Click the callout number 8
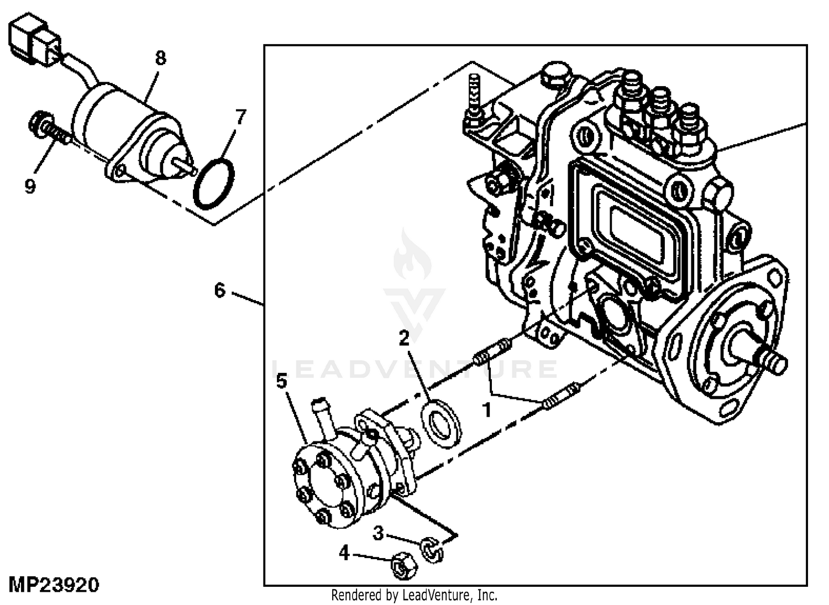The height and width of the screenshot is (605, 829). click(x=160, y=58)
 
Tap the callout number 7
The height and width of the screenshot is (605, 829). click(x=240, y=117)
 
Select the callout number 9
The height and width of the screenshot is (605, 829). click(x=30, y=185)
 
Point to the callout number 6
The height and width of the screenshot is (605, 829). click(x=219, y=291)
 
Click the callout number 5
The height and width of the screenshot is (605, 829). click(x=282, y=381)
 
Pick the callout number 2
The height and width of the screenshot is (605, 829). click(x=404, y=338)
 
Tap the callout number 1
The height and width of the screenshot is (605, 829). click(x=487, y=410)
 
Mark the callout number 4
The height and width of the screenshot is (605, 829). click(x=344, y=554)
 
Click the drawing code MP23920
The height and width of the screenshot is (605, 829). click(x=54, y=585)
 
